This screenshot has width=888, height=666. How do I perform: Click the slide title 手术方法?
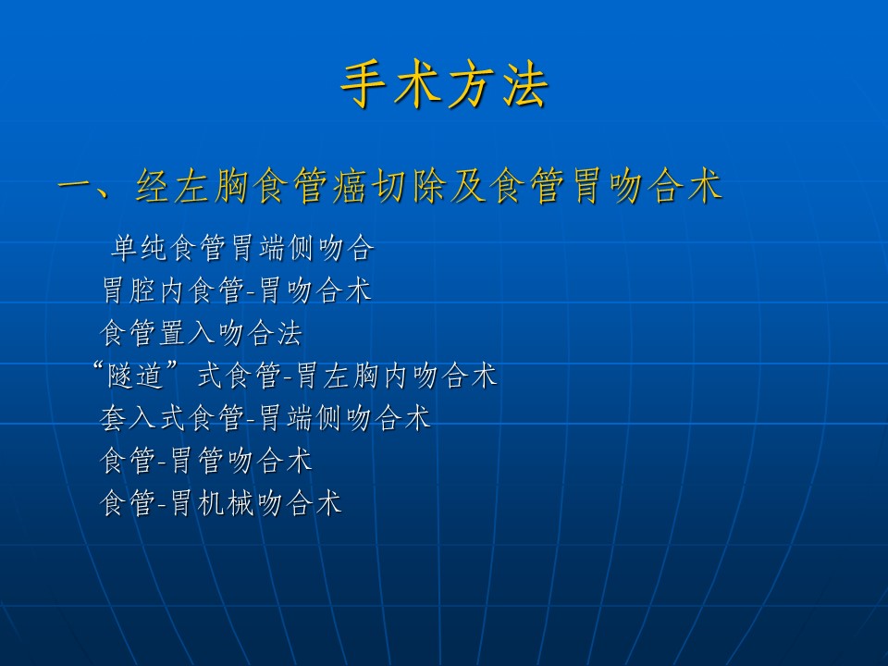click(445, 85)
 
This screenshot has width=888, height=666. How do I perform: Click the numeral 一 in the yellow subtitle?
click(76, 185)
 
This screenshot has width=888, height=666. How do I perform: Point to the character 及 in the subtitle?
click(468, 185)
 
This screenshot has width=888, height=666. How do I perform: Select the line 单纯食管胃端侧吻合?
click(243, 248)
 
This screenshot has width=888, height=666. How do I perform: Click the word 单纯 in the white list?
click(140, 248)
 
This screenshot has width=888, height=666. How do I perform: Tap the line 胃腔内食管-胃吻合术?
click(237, 290)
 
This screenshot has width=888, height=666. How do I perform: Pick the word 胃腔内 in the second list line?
click(144, 290)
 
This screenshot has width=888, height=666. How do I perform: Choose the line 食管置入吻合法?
click(201, 332)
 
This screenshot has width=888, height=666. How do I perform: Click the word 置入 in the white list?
click(187, 332)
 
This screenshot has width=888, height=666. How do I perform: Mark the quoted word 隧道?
click(136, 375)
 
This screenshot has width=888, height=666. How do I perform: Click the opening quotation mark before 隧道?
click(99, 367)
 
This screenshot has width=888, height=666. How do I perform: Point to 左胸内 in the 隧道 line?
click(367, 375)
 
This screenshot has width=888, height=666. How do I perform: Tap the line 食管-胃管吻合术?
click(206, 460)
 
